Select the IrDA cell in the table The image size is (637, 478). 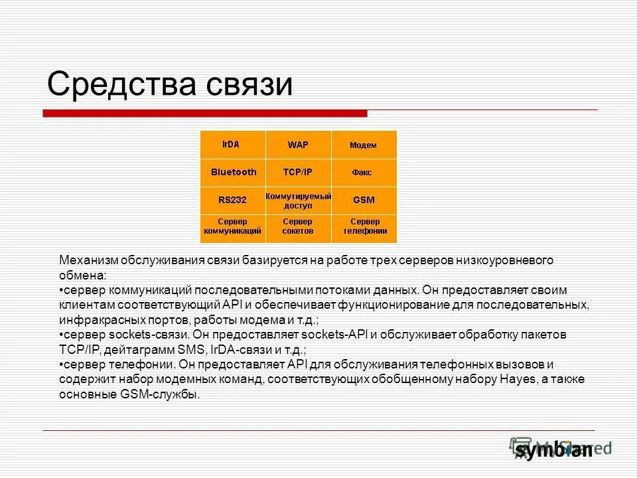(x=232, y=144)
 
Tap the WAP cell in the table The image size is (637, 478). (x=297, y=145)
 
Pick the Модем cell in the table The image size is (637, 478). (x=363, y=145)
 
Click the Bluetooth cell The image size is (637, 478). (x=233, y=173)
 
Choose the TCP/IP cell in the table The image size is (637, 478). (x=297, y=173)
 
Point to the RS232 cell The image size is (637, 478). (x=232, y=199)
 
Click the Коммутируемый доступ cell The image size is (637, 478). (x=298, y=200)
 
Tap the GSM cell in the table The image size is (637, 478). (x=363, y=199)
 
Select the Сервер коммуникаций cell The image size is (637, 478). (x=232, y=226)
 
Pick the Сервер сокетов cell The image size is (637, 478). (x=298, y=226)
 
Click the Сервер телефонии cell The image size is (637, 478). (x=364, y=226)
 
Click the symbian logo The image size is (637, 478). (x=553, y=449)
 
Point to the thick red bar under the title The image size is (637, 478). (x=205, y=114)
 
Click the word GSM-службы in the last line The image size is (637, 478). (x=163, y=394)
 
